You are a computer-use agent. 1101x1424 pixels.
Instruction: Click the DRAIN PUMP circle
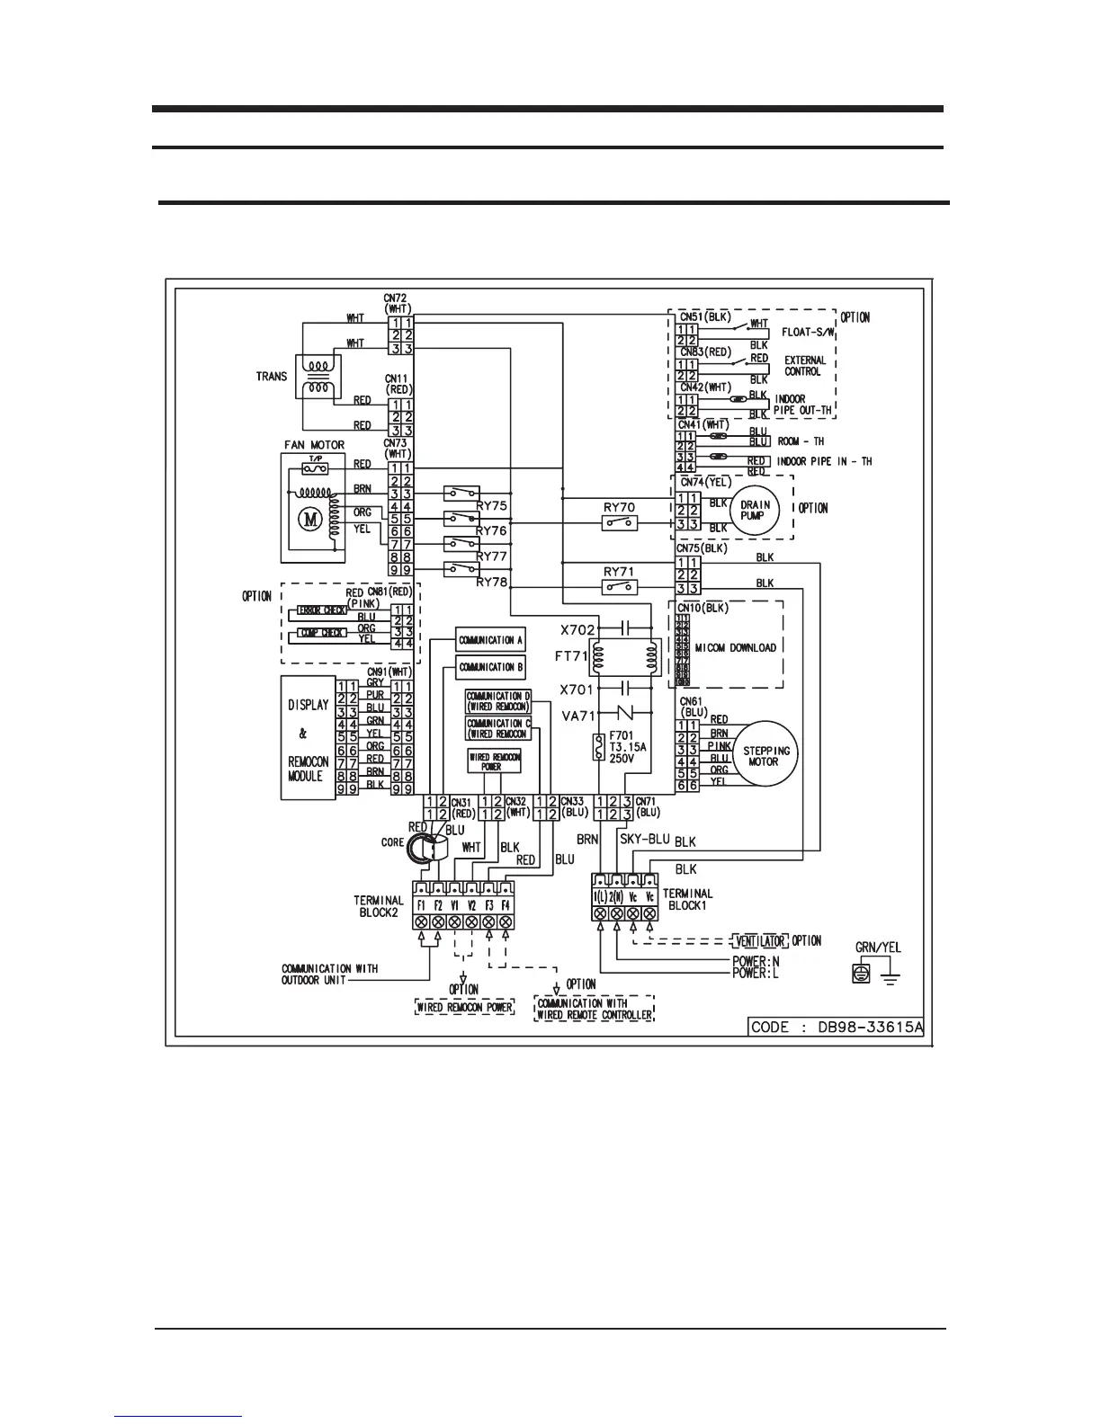754,511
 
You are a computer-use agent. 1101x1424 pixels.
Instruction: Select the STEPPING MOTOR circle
765,755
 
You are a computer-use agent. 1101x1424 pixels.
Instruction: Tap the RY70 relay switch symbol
620,523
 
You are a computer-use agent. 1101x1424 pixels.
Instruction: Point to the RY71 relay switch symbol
620,587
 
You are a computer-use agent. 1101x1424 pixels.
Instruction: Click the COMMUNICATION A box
490,640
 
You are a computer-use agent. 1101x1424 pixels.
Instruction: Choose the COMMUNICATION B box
490,667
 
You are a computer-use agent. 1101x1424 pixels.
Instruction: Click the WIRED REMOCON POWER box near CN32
494,762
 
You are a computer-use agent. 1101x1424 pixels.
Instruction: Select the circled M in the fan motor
309,519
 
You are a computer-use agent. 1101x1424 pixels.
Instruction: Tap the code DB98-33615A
837,1027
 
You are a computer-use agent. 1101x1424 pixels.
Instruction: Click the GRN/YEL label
878,948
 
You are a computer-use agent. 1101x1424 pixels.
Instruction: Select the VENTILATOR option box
760,941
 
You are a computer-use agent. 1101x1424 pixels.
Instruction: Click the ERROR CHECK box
322,610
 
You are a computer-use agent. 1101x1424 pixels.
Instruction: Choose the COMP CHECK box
321,633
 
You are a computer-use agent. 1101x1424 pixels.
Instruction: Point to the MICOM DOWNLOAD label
735,647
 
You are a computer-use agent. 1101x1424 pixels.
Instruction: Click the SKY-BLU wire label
644,838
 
